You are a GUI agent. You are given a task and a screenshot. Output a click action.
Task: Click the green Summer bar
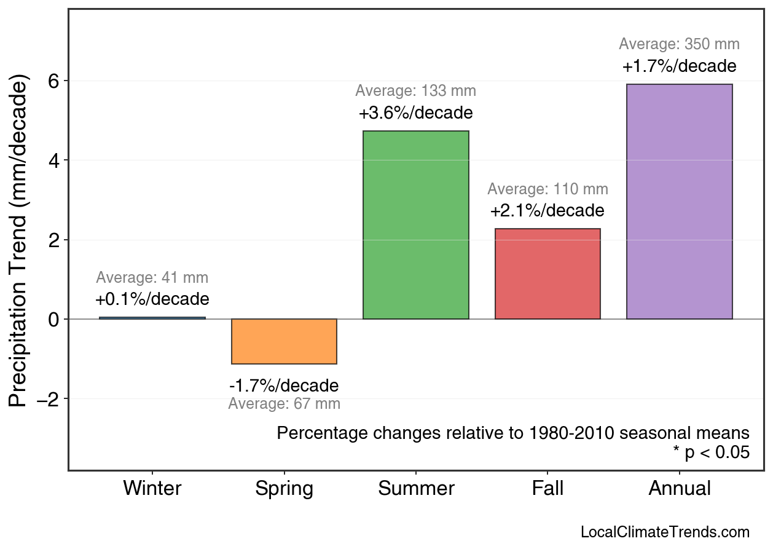click(x=415, y=225)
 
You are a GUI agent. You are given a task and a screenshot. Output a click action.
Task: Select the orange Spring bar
click(x=284, y=341)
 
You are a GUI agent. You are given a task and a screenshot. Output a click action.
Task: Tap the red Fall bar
click(x=547, y=274)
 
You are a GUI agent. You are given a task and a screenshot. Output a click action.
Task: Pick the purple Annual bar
click(x=679, y=202)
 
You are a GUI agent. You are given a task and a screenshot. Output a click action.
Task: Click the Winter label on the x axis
click(x=152, y=489)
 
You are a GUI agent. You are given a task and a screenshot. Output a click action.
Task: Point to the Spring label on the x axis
click(x=284, y=489)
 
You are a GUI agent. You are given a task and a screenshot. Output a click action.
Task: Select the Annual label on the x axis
click(x=679, y=489)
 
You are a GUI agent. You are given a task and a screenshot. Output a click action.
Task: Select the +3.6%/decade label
click(x=415, y=114)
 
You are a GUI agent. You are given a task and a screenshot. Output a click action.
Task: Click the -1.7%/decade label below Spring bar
click(x=284, y=386)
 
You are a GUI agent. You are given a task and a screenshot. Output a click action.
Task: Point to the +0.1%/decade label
click(x=152, y=300)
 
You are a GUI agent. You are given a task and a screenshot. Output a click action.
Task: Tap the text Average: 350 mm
click(x=679, y=44)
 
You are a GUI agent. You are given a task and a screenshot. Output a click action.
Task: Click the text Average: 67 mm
click(x=284, y=405)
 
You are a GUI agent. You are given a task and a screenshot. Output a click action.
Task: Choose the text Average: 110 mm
click(x=547, y=189)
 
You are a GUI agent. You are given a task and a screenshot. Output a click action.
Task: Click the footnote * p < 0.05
click(x=711, y=453)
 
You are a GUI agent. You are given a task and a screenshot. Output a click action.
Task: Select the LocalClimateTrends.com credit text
click(x=665, y=532)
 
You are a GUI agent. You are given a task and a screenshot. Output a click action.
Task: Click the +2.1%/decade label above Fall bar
click(x=547, y=211)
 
